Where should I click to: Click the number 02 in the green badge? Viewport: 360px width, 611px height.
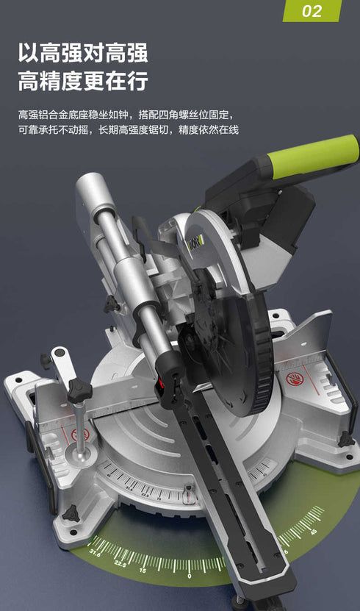coord(312,11)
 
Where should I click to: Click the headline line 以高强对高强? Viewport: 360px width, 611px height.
coord(83,53)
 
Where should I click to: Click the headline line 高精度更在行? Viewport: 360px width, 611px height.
coord(83,80)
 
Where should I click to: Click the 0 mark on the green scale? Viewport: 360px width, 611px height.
coord(190,576)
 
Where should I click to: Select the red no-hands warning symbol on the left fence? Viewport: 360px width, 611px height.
coord(79,434)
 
